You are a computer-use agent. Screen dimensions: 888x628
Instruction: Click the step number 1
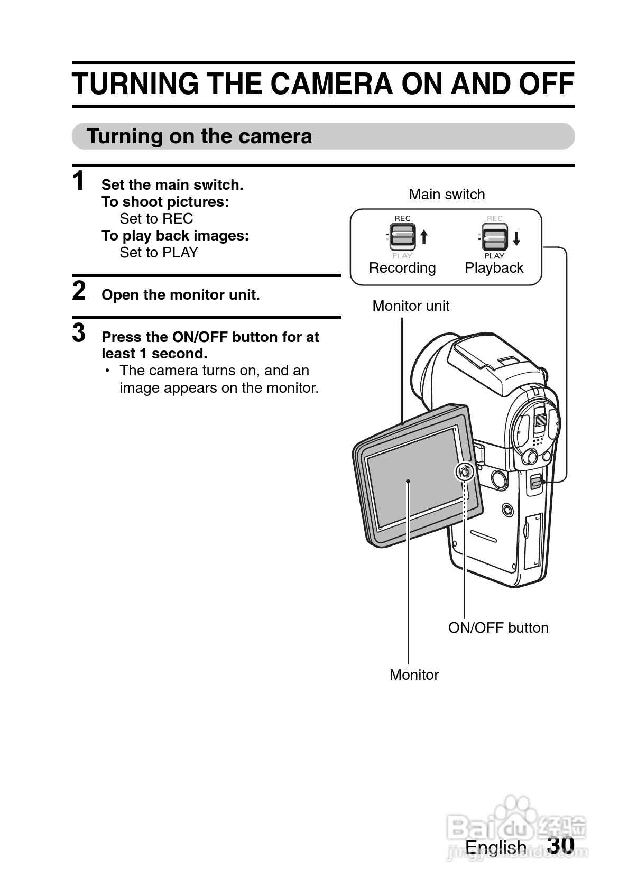79,181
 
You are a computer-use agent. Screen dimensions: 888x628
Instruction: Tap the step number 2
79,291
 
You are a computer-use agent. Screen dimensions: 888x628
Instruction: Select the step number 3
79,334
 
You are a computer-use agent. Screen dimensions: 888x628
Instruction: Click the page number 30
561,845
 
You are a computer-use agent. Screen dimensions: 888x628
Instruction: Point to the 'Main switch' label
447,195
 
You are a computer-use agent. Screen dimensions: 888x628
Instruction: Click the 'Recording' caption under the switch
402,268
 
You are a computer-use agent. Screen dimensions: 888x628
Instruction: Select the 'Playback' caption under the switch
494,268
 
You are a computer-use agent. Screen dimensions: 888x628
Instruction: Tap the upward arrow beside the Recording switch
424,237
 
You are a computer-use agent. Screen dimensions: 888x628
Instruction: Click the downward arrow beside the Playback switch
516,238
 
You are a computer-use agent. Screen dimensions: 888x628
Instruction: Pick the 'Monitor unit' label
411,306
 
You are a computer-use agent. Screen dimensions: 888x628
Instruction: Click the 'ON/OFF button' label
498,628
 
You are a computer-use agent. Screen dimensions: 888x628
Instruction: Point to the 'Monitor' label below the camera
414,675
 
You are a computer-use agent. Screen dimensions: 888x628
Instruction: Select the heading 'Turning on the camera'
199,136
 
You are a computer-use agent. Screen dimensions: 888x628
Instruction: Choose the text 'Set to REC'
156,219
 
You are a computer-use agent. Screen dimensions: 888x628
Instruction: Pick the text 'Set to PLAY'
159,253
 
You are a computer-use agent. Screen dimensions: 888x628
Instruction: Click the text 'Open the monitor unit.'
180,295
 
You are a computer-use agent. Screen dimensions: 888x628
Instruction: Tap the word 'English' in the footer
496,847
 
